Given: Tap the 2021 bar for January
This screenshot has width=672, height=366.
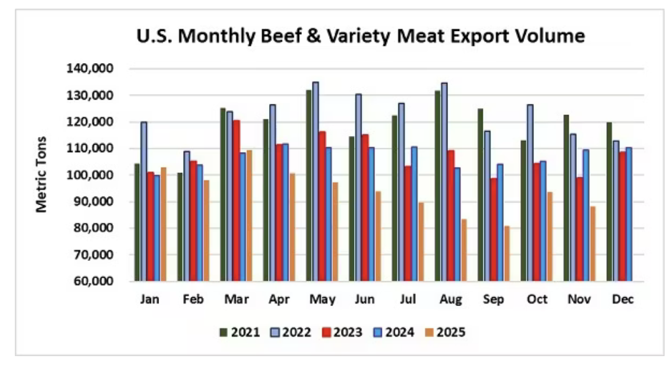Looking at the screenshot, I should (x=137, y=223).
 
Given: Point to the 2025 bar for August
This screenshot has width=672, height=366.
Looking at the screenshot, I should (x=464, y=250).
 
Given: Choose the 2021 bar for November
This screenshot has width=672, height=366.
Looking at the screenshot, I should (x=566, y=198).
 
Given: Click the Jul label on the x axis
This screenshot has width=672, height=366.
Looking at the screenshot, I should (x=407, y=299).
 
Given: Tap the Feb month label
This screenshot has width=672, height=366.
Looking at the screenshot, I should (x=192, y=299).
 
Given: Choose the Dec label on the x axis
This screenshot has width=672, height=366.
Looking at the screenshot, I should (x=622, y=299).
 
